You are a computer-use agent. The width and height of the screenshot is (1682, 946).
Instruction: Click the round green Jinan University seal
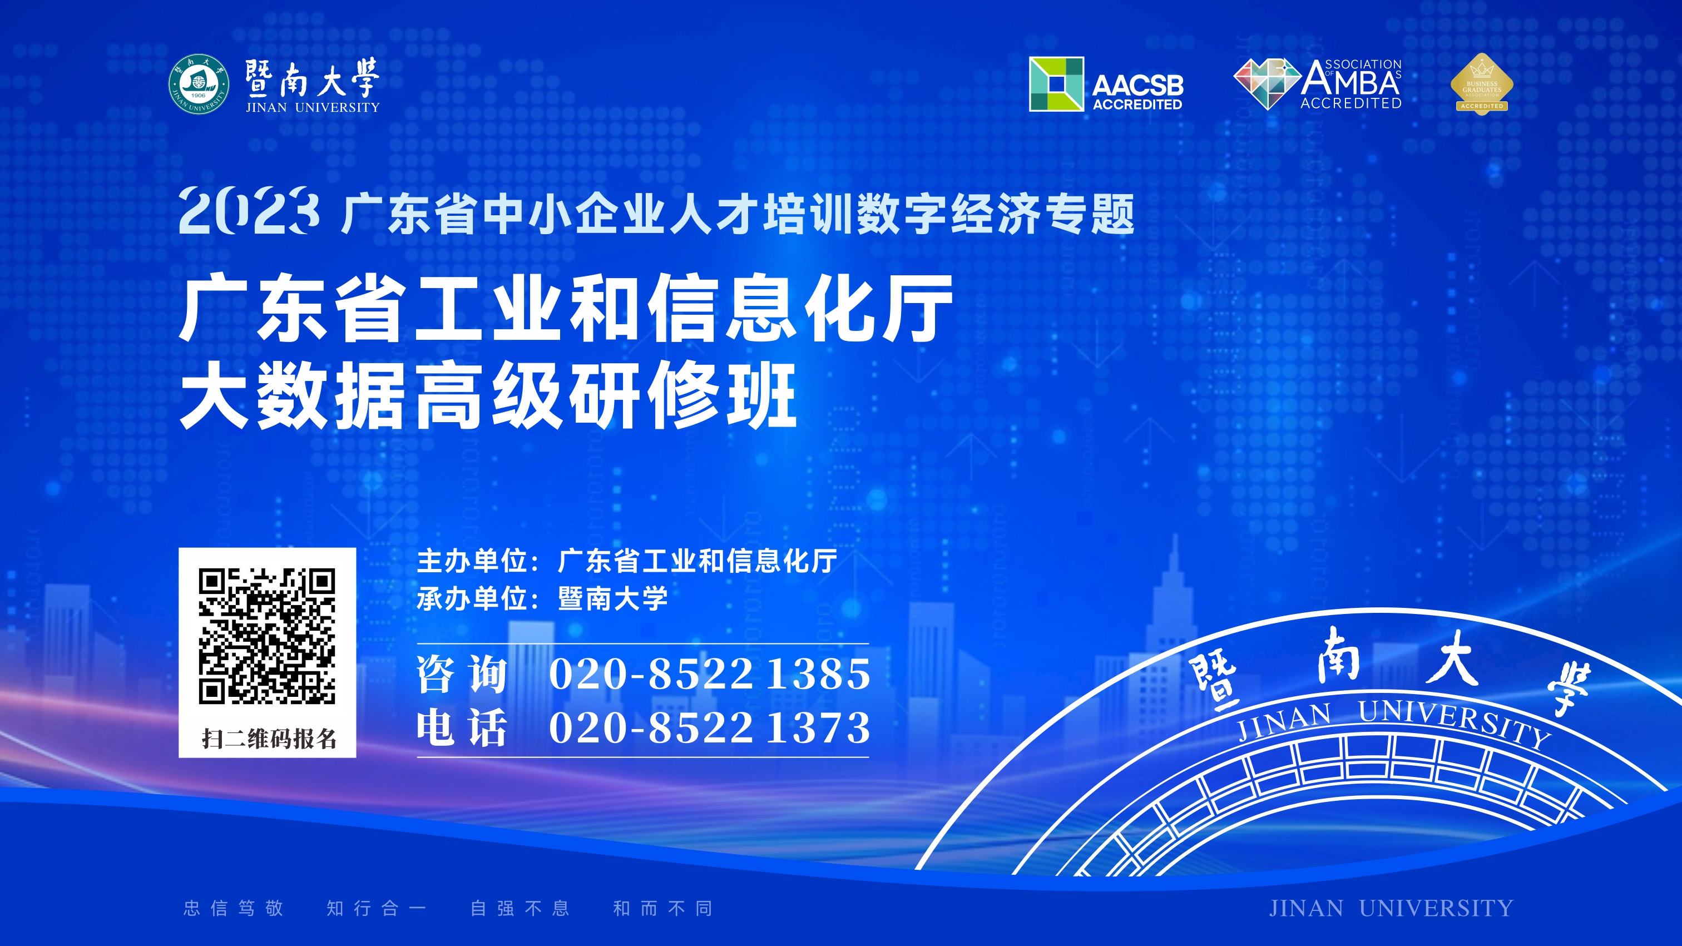point(199,84)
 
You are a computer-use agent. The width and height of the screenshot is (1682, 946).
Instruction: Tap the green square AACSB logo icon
point(1056,84)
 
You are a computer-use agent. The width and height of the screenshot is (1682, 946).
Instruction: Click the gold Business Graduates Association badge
point(1482,84)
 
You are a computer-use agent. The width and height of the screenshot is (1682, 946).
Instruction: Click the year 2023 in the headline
point(249,211)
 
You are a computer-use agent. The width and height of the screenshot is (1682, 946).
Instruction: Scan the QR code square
point(267,637)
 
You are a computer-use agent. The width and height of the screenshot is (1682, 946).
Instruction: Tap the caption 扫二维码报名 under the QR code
point(269,739)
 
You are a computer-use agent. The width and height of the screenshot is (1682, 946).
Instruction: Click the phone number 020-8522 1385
point(710,673)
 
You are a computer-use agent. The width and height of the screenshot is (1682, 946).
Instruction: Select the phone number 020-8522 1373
point(710,728)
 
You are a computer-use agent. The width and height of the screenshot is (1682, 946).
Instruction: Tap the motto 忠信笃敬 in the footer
point(234,908)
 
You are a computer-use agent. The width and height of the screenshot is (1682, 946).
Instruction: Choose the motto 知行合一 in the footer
point(377,908)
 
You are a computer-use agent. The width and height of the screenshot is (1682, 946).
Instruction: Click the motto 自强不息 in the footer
point(520,908)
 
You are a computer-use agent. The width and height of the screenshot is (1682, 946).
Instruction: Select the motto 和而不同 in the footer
point(663,908)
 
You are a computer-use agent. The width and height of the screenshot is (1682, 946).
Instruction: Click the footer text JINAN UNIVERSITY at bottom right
point(1391,908)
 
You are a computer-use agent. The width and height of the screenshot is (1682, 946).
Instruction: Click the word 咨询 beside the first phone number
point(462,673)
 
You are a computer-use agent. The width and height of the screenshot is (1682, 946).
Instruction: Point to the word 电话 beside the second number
point(462,728)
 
